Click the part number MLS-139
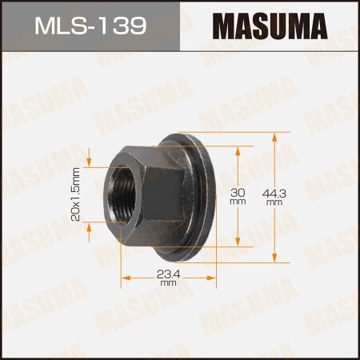coord(90,26)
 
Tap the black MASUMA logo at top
coord(270,26)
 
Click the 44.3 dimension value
coord(275,193)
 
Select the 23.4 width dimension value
coord(168,274)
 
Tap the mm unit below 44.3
coord(275,203)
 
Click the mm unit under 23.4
coord(168,284)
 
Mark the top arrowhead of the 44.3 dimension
coord(275,135)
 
